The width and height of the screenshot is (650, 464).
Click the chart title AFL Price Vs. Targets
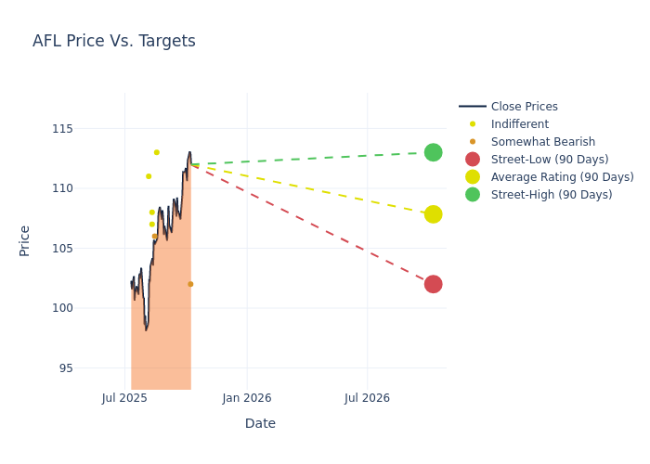(114, 41)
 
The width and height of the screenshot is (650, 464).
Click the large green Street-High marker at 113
(433, 152)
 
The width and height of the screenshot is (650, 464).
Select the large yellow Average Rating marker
(433, 214)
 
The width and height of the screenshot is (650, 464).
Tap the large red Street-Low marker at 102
(433, 284)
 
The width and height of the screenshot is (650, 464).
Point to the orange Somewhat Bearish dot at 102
(190, 284)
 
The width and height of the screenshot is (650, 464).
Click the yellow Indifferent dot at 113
(156, 152)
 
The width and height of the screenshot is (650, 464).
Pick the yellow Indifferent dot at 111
(149, 176)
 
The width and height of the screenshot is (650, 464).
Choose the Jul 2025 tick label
(124, 398)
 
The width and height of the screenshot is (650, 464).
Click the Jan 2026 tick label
(246, 398)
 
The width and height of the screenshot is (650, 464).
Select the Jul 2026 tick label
(367, 398)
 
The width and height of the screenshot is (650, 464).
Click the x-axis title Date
(260, 423)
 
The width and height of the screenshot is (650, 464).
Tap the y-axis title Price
(25, 240)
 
